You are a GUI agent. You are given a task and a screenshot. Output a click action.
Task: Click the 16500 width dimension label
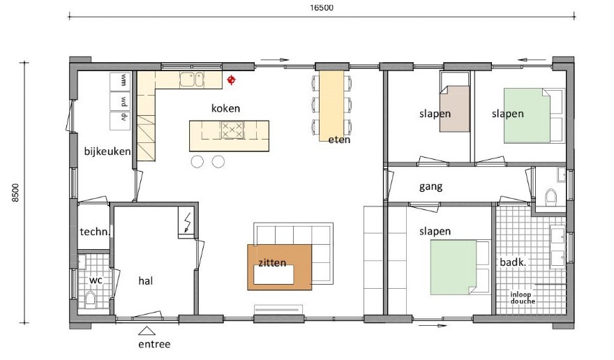point(322,8)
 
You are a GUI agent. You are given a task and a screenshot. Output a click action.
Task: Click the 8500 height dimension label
point(16,193)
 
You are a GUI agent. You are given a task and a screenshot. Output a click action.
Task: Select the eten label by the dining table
point(339,140)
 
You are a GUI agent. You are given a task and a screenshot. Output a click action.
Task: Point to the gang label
point(430,187)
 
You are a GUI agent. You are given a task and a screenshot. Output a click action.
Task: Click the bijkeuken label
point(108,151)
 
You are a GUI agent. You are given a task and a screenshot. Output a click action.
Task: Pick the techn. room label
point(94,232)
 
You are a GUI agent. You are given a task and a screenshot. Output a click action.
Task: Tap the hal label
point(145,280)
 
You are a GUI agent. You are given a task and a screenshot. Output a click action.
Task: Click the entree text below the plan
point(154,344)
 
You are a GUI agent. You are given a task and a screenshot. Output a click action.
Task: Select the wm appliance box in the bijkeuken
point(125,80)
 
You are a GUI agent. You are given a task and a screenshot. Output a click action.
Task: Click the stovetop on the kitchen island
point(232,130)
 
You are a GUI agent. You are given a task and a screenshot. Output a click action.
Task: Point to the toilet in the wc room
point(90,300)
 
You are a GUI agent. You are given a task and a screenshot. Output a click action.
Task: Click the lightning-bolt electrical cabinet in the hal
point(186,223)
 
